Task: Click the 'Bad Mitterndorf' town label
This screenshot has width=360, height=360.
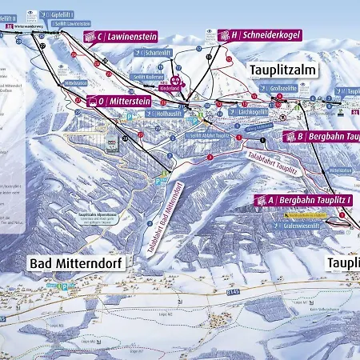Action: (75, 262)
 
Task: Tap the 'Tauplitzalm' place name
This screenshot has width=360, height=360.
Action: (283, 70)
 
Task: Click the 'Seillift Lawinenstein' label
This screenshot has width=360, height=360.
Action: (71, 24)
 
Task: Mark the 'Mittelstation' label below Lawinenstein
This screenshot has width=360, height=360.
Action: (77, 82)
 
